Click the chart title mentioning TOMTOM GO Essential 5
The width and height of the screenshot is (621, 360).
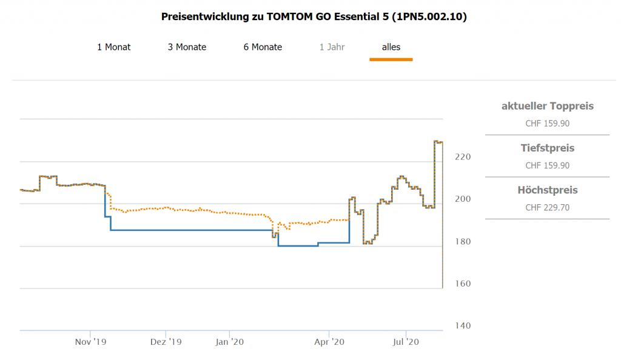click(314, 17)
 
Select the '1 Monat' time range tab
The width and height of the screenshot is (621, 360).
click(114, 47)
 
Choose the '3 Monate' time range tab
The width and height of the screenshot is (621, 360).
click(187, 47)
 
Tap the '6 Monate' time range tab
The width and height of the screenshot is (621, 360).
click(263, 47)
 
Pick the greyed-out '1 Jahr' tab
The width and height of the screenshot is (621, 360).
click(332, 47)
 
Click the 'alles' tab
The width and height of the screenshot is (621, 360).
click(391, 47)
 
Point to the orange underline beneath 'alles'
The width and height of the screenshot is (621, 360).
click(391, 59)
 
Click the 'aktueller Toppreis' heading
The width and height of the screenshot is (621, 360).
click(548, 106)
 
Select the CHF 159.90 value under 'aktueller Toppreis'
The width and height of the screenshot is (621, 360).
click(548, 124)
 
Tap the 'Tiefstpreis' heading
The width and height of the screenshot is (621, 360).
click(548, 148)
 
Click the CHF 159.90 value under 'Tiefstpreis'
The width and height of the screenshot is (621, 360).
click(548, 165)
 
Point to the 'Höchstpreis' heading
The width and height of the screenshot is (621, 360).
click(548, 190)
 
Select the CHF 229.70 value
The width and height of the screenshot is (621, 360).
click(548, 207)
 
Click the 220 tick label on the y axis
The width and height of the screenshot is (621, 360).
click(462, 156)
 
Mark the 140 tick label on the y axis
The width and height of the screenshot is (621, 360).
click(462, 325)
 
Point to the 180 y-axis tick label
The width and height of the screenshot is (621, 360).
click(462, 241)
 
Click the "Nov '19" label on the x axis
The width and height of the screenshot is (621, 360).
click(91, 342)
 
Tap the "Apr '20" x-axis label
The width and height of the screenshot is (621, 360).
click(329, 342)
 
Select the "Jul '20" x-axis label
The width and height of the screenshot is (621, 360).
click(406, 342)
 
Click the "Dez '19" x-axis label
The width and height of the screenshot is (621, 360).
click(166, 342)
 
